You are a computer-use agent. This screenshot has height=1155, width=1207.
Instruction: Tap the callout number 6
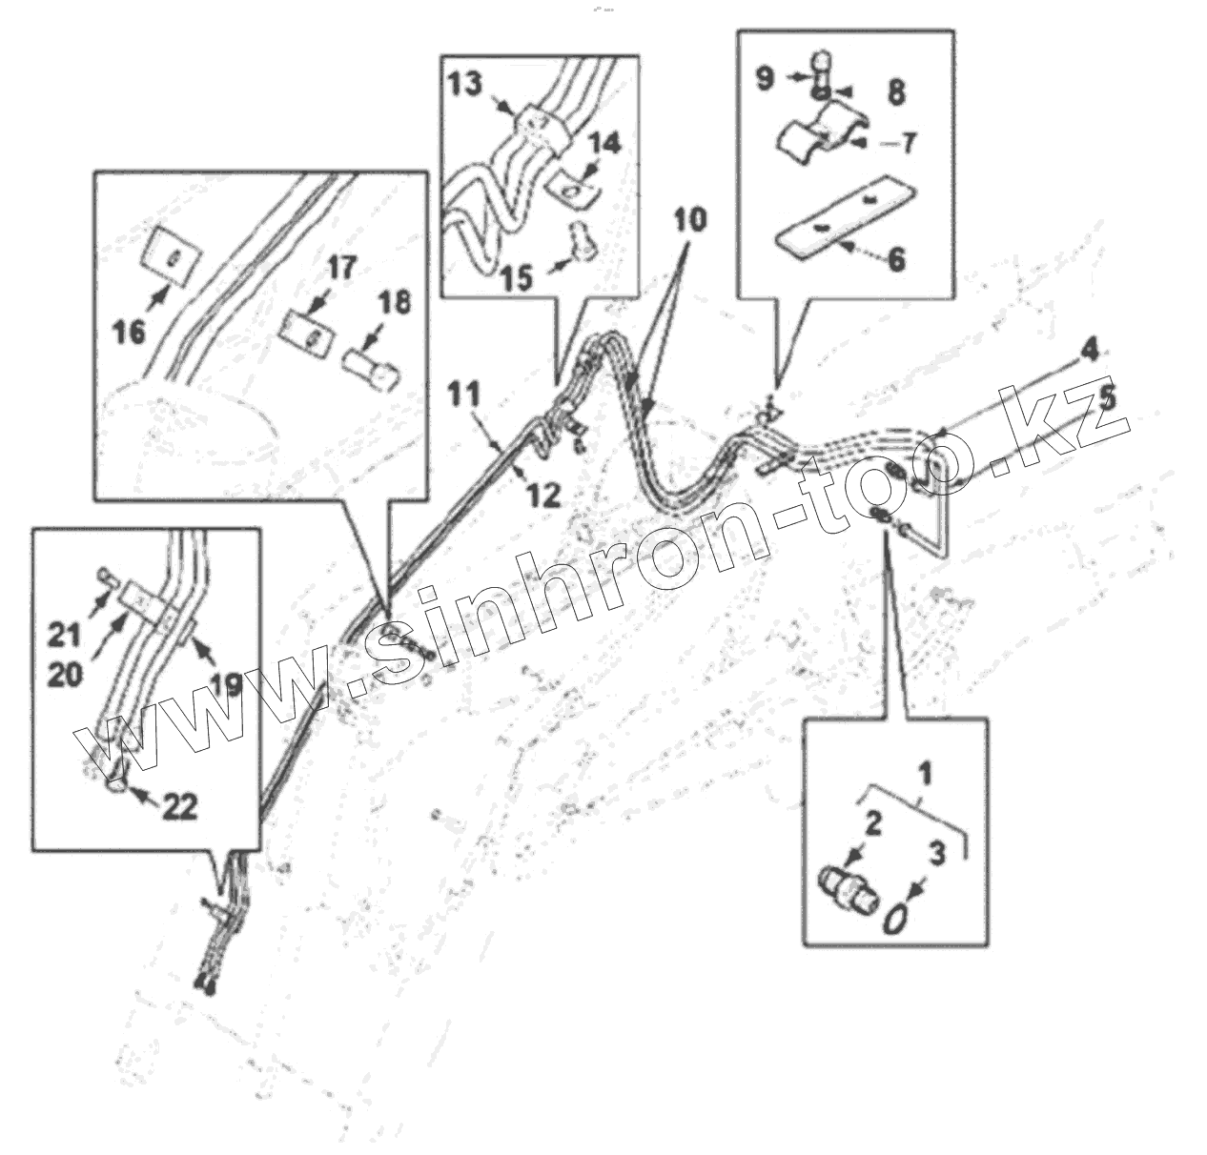896,258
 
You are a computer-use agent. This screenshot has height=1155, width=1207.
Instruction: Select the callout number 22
178,806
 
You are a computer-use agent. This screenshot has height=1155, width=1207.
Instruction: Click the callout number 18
395,303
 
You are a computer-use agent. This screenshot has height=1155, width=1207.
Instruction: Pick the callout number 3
938,853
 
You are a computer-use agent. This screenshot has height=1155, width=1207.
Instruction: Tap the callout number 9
767,78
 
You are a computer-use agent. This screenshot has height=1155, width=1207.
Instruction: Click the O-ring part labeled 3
895,921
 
